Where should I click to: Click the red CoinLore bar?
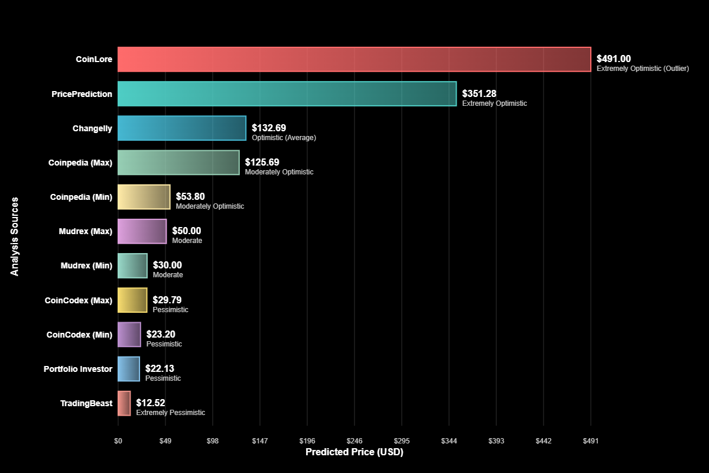(x=354, y=59)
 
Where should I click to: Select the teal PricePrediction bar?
(x=287, y=93)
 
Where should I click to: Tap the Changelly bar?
(x=182, y=128)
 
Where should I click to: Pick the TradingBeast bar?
(x=124, y=403)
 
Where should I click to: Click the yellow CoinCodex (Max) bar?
(x=132, y=300)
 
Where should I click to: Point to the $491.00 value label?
(x=613, y=59)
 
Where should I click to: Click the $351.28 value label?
(x=479, y=93)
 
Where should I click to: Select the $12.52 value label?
(x=151, y=403)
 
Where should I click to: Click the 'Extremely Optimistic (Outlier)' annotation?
(x=642, y=69)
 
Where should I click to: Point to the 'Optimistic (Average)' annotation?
(x=284, y=138)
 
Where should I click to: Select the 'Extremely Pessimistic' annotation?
(x=170, y=413)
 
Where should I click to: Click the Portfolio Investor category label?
(x=78, y=369)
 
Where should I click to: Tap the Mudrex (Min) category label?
(x=86, y=265)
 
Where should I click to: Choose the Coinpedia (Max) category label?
(x=80, y=163)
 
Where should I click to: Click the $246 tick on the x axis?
(x=354, y=440)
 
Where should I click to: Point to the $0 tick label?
(x=118, y=440)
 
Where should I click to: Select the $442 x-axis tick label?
(x=544, y=440)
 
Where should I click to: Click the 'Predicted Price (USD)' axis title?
(x=354, y=452)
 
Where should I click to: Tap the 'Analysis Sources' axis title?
(x=15, y=236)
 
